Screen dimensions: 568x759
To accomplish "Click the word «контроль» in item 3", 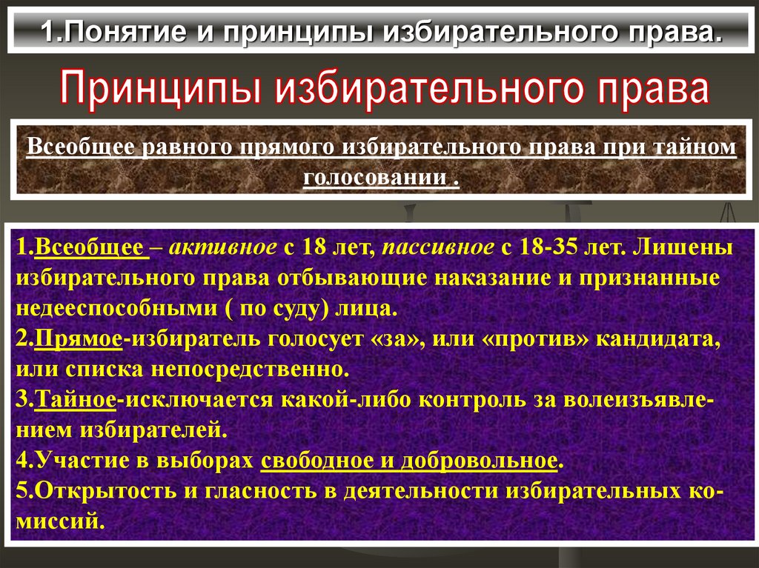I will [475, 400].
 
